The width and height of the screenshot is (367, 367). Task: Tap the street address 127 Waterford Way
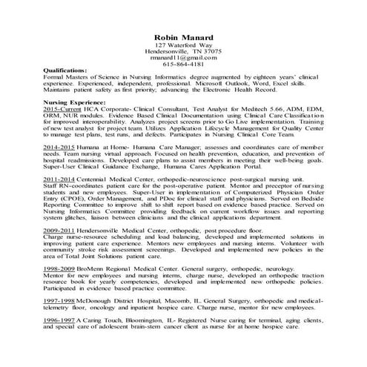[183, 47]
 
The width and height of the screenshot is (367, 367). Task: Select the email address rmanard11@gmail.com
[183, 57]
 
